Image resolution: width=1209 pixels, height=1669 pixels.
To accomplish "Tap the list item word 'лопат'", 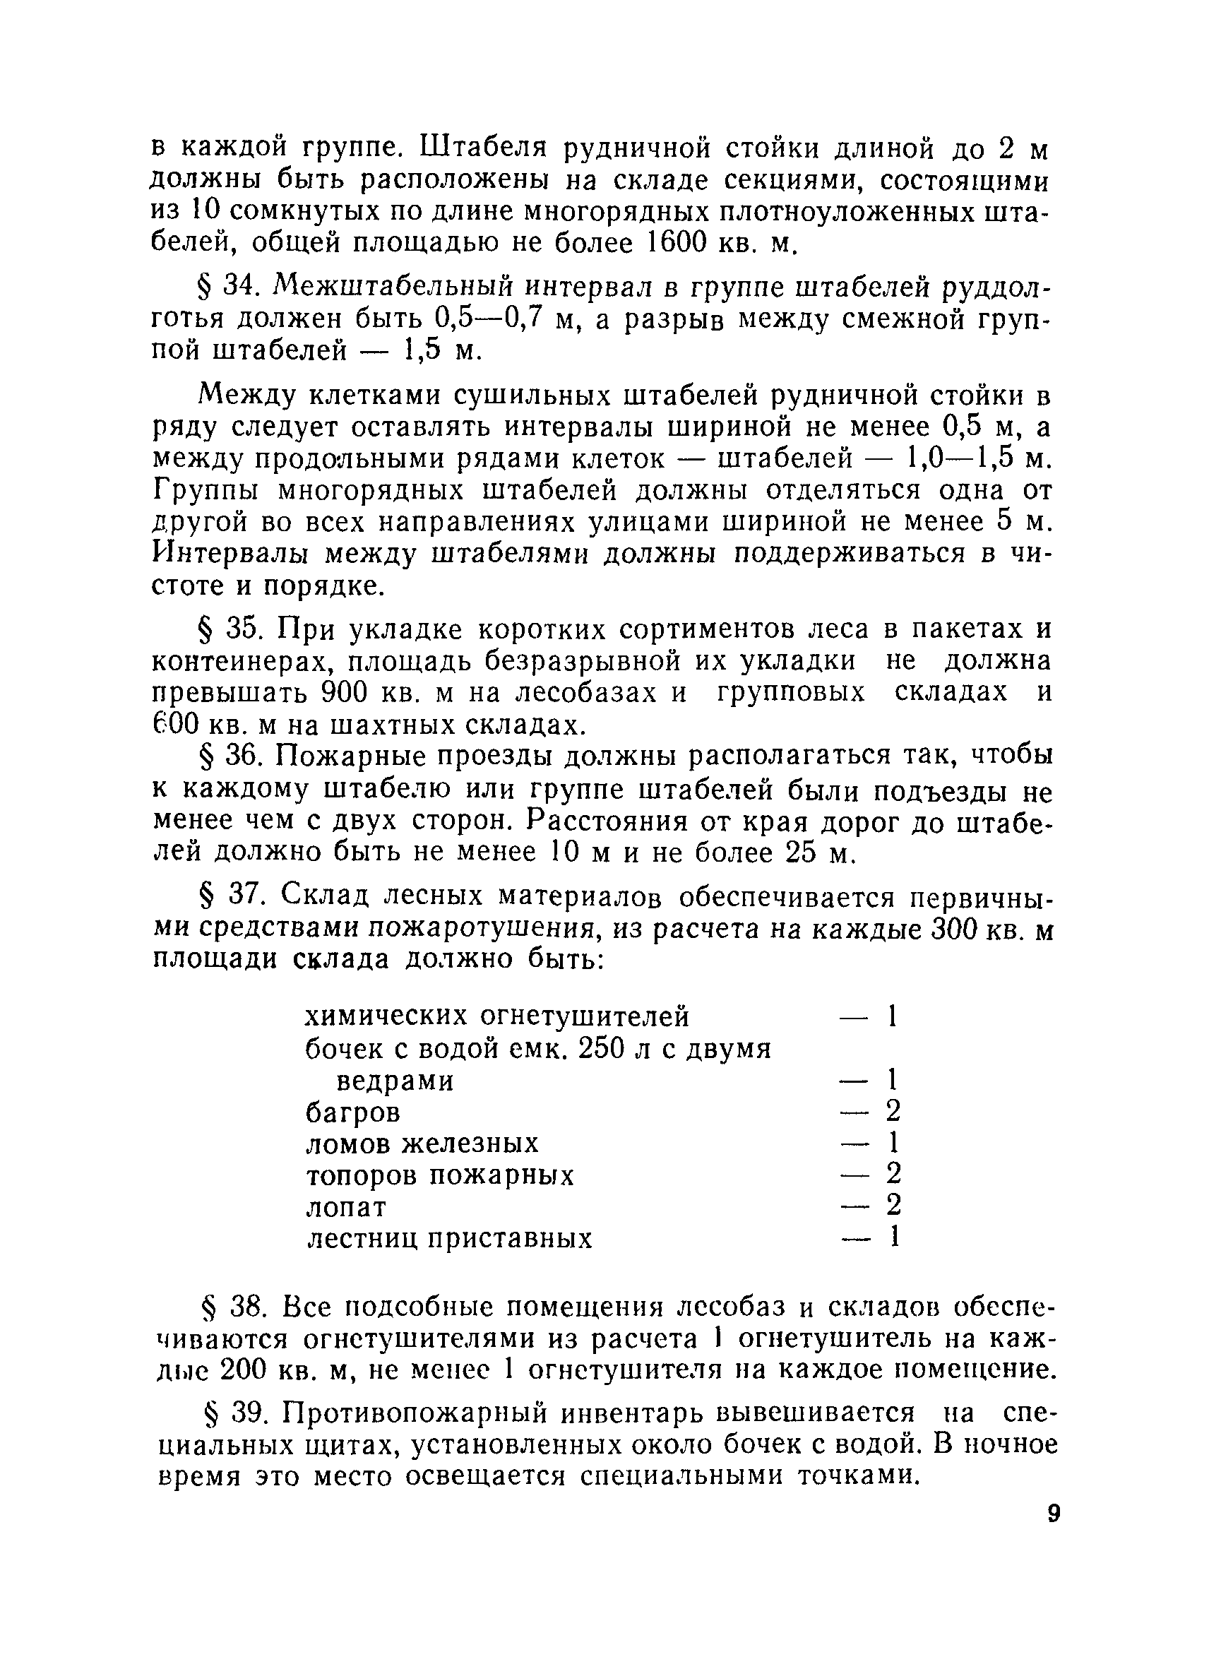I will (346, 1208).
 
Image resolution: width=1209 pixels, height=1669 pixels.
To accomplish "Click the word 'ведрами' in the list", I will (395, 1081).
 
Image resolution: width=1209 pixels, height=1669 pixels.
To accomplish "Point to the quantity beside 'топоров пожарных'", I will (893, 1175).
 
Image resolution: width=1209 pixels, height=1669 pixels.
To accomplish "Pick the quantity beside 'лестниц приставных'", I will (893, 1237).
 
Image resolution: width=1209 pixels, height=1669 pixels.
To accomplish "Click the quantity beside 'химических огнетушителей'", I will (891, 1017).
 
